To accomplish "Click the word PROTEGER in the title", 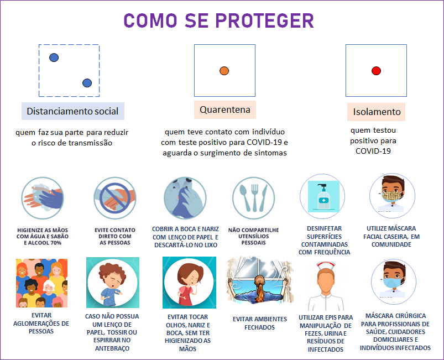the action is [x=264, y=20].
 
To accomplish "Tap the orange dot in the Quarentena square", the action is [x=224, y=71].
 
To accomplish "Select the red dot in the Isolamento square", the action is [x=376, y=71].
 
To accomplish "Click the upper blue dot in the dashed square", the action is [x=54, y=58].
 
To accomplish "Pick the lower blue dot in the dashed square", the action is [x=87, y=83].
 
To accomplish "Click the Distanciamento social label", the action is [x=73, y=111].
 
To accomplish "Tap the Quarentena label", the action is [x=225, y=109].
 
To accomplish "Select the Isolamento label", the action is [x=377, y=112].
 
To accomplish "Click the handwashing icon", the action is [x=43, y=198].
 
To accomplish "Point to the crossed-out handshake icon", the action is [x=115, y=198].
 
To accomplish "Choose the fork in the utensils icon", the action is [x=254, y=197].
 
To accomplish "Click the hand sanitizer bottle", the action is [x=323, y=196].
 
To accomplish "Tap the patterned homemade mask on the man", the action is [x=392, y=196].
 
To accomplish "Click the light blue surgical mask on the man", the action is [x=393, y=283].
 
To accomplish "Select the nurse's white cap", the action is [x=326, y=265].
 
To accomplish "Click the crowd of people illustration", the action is [x=41, y=283].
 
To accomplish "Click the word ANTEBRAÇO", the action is [x=112, y=348].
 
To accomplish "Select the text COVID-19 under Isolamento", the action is [x=373, y=151].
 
